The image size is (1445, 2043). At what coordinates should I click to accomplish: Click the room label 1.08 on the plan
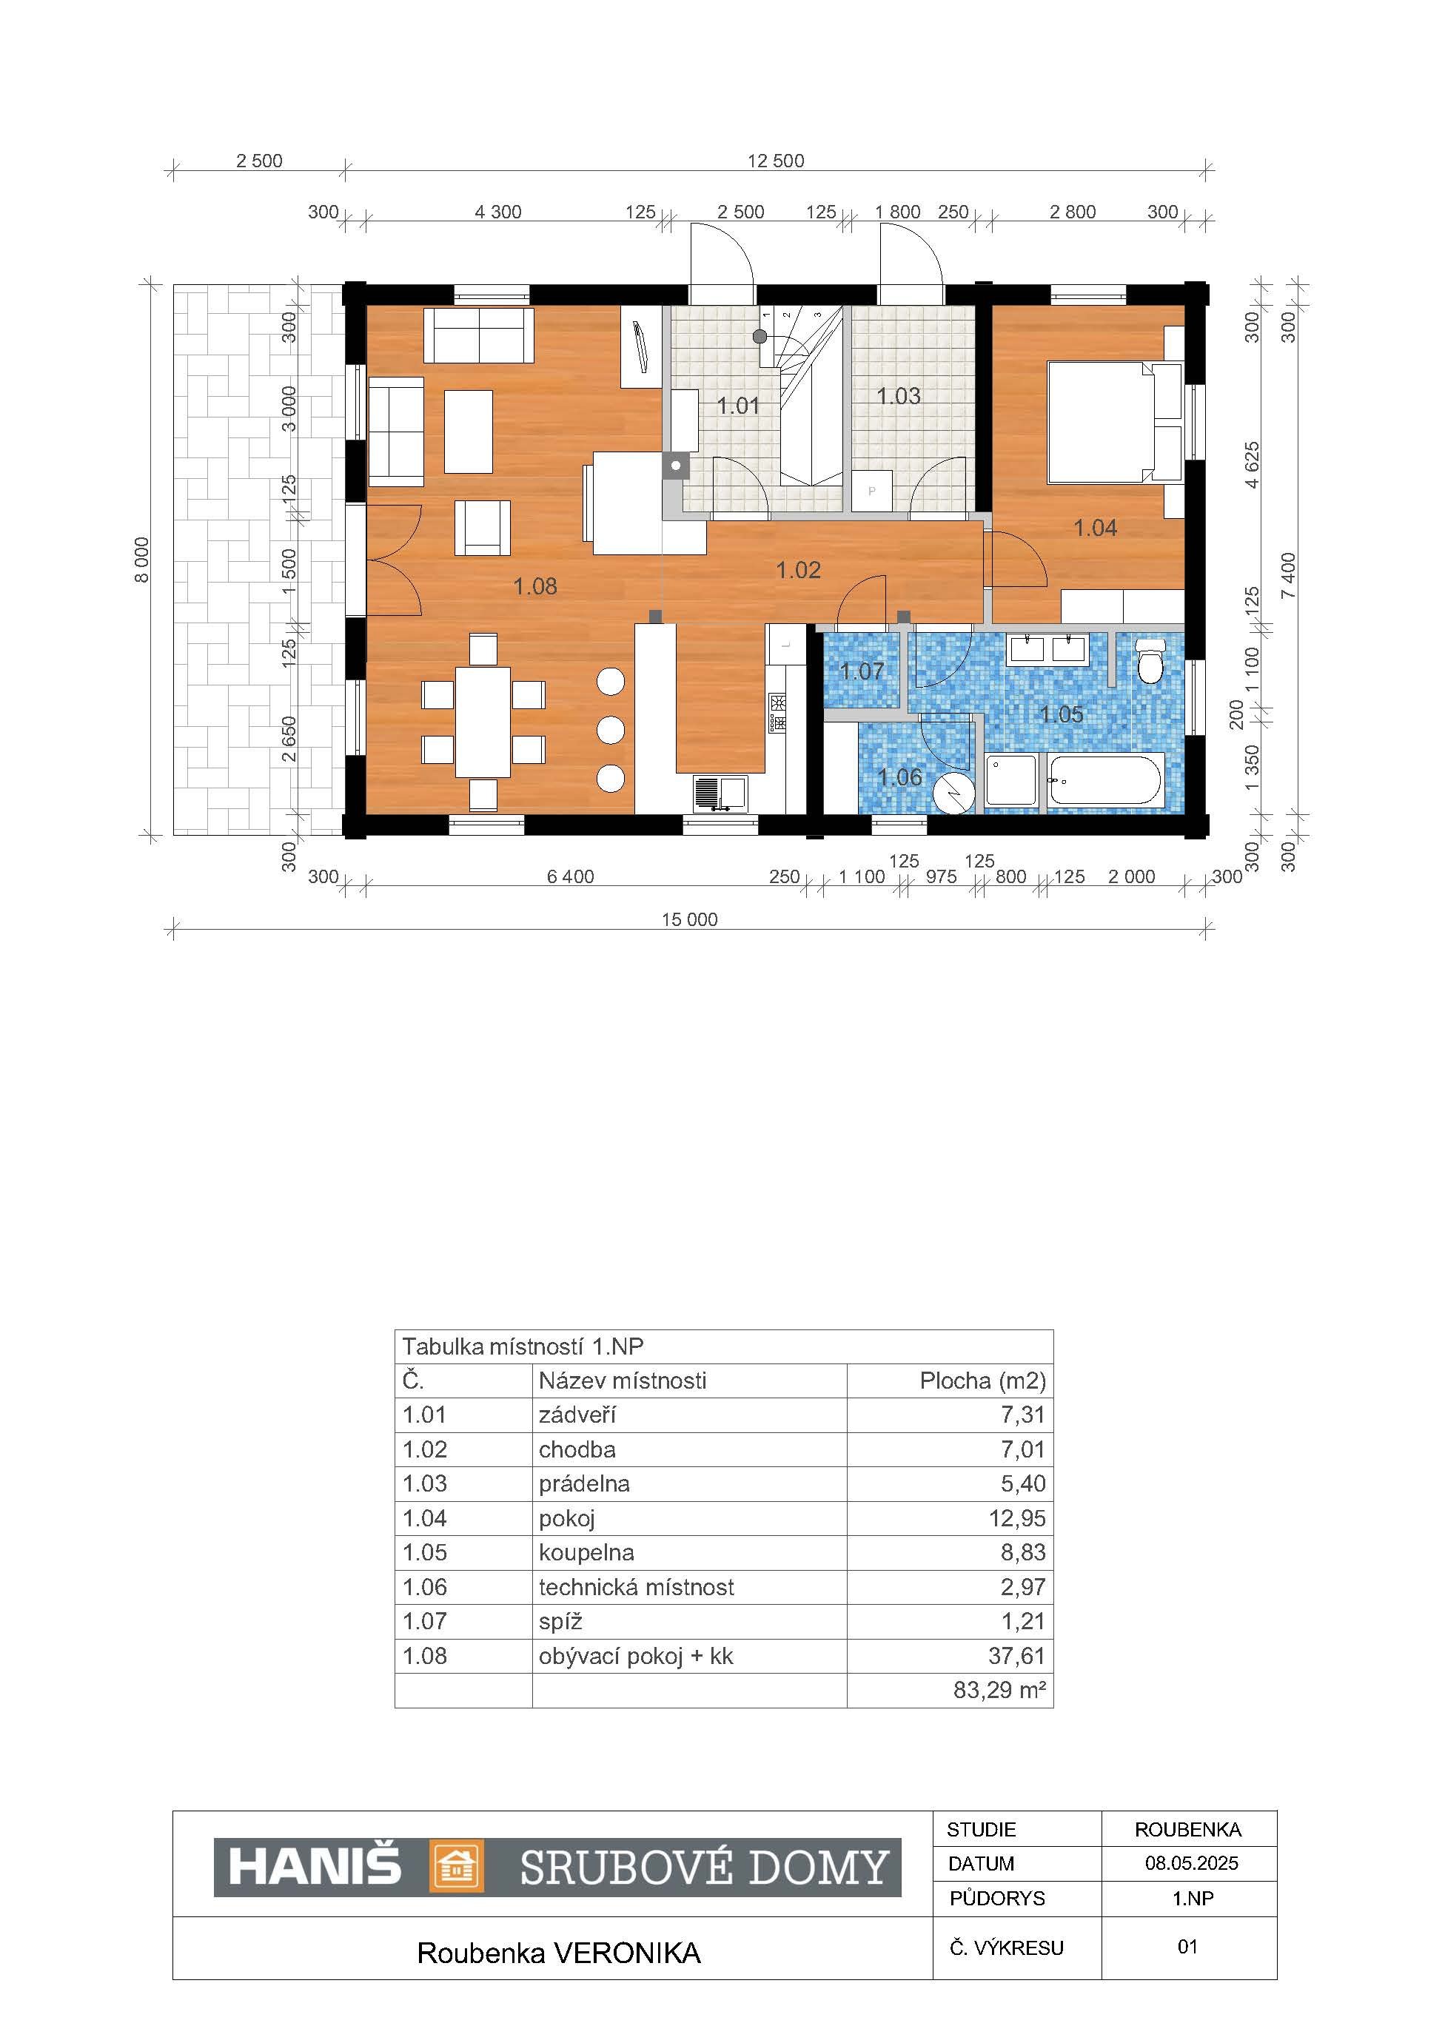tap(536, 586)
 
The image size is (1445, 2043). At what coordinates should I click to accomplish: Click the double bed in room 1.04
tap(1116, 422)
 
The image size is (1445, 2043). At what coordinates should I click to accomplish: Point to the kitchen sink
tap(720, 793)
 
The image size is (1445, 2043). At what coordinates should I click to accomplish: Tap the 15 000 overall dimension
tap(690, 919)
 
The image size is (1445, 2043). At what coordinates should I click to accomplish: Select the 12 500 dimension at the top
tap(775, 161)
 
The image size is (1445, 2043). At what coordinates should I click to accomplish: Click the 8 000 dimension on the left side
tap(142, 560)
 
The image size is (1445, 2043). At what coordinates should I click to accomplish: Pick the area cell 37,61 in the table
tap(1017, 1656)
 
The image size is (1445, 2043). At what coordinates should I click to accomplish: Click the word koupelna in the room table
tap(586, 1553)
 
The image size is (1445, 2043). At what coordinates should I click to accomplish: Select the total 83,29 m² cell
tap(999, 1690)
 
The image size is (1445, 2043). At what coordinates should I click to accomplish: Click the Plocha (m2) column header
tap(983, 1381)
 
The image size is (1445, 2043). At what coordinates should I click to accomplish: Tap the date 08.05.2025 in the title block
tap(1191, 1862)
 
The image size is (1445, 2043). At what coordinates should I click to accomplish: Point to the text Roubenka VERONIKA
tap(559, 1953)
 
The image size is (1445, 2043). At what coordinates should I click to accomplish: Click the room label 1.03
tap(899, 396)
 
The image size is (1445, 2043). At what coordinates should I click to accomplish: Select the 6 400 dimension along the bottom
tap(570, 876)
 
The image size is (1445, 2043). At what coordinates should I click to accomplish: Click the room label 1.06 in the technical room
tap(899, 778)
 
